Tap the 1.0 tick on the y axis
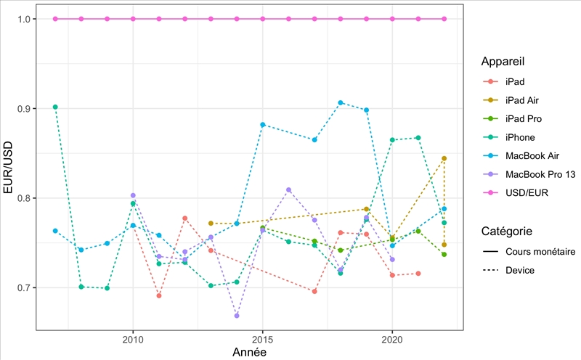pos(23,19)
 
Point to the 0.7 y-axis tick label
pos(23,288)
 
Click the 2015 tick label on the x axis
pos(263,340)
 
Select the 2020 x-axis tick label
pos(392,340)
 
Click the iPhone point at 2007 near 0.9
pos(55,107)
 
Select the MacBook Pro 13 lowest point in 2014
pos(237,316)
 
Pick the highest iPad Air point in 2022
pos(444,158)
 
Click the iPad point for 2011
pos(159,295)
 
